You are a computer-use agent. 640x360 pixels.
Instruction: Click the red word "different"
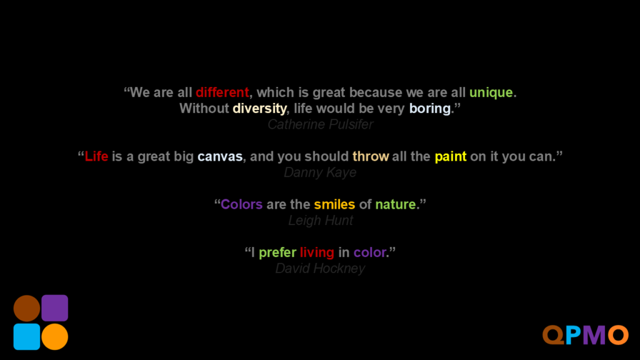click(x=222, y=92)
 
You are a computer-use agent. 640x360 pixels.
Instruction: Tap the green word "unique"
click(x=491, y=93)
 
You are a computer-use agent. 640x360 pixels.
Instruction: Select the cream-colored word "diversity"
click(x=259, y=109)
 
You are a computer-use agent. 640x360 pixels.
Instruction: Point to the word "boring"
click(x=430, y=109)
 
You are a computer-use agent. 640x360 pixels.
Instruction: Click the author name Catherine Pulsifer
click(x=321, y=124)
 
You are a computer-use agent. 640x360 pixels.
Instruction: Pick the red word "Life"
click(x=96, y=156)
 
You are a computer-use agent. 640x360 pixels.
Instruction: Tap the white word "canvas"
click(x=220, y=157)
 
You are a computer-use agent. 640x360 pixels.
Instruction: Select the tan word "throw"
click(x=371, y=156)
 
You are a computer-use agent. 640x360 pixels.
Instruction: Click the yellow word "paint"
click(x=451, y=157)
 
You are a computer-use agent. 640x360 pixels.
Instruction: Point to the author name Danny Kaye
click(x=320, y=172)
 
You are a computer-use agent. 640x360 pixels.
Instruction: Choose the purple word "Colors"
click(x=242, y=204)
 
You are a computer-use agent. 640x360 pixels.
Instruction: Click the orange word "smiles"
click(x=335, y=204)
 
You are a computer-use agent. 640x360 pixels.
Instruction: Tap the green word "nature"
click(x=396, y=204)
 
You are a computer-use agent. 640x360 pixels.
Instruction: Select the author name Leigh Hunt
click(x=321, y=221)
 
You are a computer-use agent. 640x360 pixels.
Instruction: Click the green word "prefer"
click(x=277, y=252)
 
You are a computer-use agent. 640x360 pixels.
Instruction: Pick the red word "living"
click(x=317, y=252)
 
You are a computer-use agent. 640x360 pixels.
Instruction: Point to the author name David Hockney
click(x=320, y=269)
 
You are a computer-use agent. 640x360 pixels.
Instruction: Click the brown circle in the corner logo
click(x=27, y=308)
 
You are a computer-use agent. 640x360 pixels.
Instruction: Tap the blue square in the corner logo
click(x=27, y=337)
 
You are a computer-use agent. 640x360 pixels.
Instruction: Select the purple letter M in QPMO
click(x=594, y=336)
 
